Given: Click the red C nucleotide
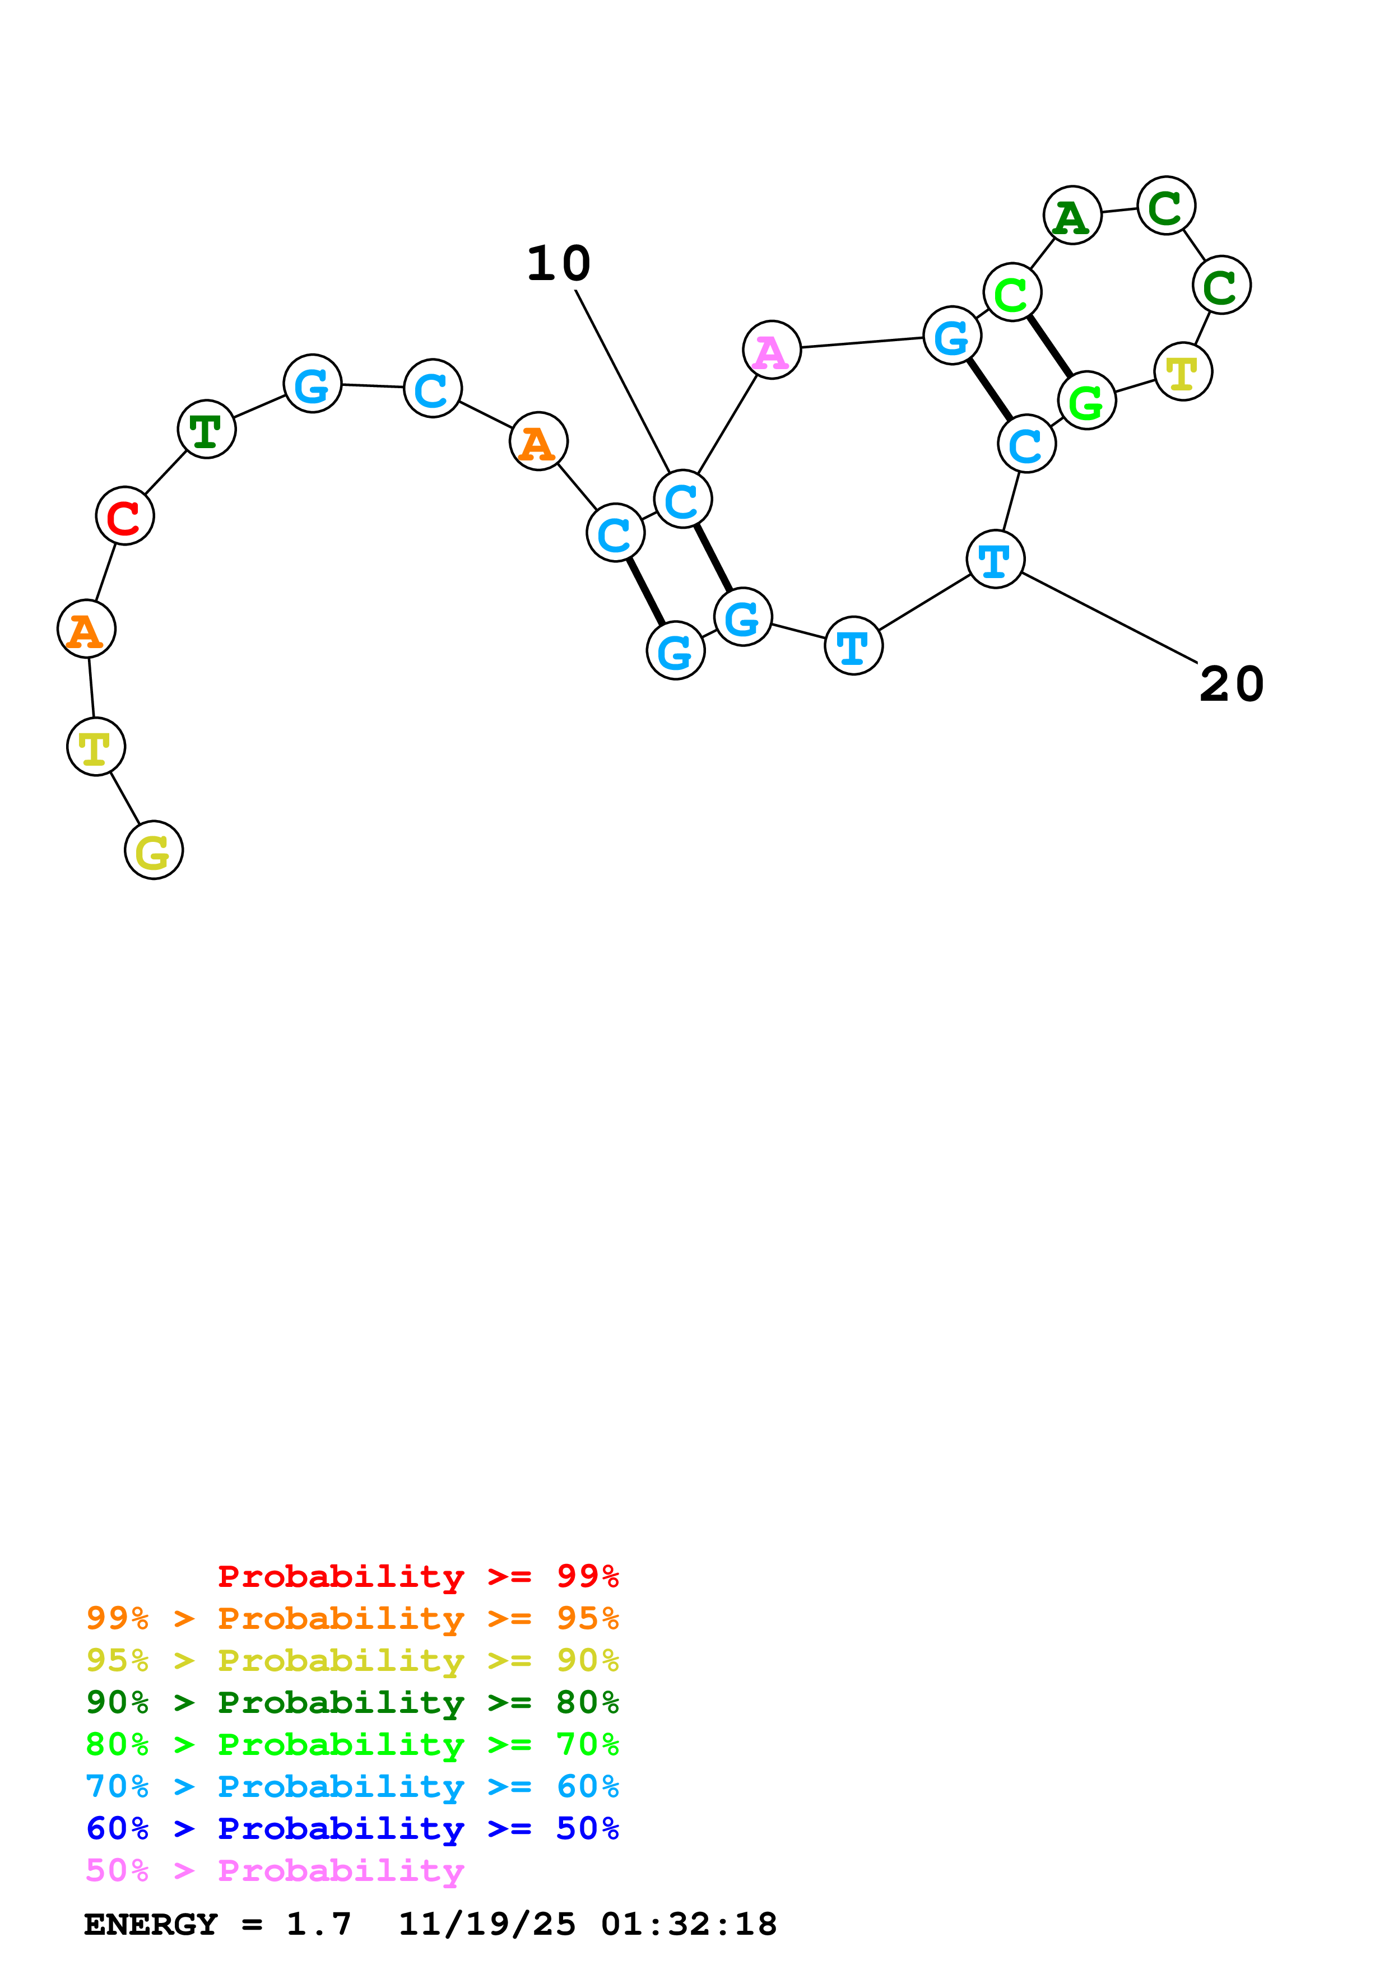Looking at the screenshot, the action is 125,516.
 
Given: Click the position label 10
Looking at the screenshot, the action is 558,263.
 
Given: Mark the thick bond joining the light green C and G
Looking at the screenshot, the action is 1049,347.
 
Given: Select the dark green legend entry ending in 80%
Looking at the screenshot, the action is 352,1702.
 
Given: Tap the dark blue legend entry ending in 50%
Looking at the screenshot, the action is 352,1828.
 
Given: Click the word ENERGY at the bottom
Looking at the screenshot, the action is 151,1924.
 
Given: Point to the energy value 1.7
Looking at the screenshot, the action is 318,1924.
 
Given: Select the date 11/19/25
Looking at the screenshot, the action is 487,1924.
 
